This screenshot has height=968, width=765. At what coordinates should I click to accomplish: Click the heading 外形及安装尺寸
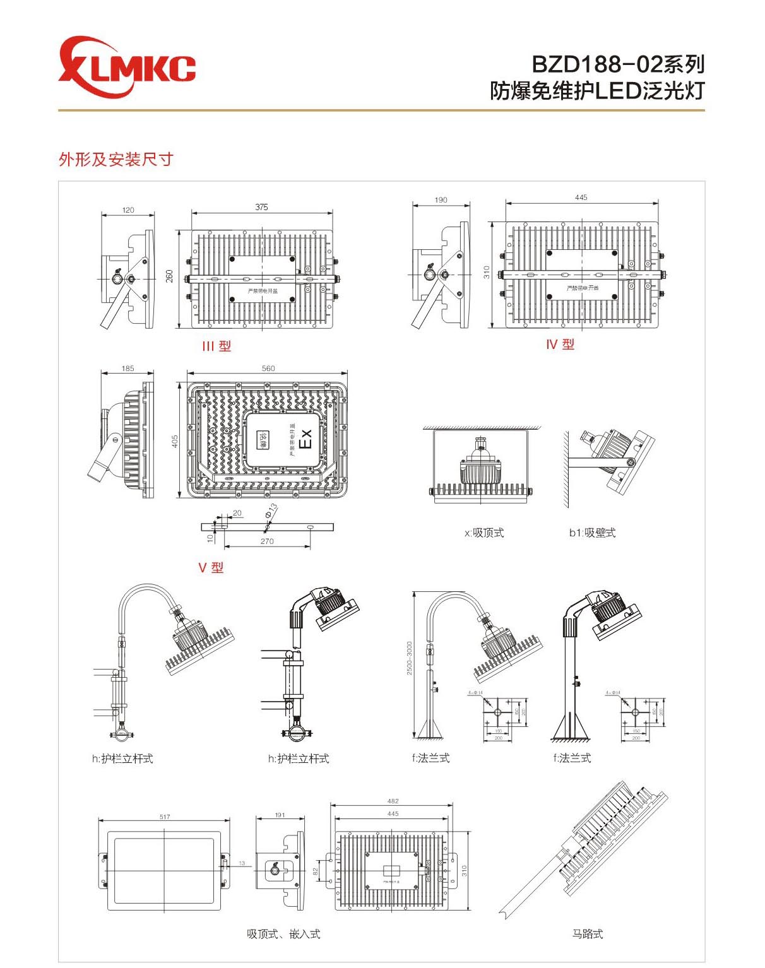pos(116,160)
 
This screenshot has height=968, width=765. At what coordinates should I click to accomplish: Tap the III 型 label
pos(216,346)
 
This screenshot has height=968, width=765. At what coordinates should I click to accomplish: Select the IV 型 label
pos(560,345)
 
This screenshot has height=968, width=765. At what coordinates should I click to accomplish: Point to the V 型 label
pos(211,568)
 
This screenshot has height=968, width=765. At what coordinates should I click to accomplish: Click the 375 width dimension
pos(261,207)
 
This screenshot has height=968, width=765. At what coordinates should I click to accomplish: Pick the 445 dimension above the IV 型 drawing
pos(581,198)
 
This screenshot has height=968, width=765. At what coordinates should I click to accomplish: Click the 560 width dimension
pos(268,369)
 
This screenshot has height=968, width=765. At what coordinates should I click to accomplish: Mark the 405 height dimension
pos(175,440)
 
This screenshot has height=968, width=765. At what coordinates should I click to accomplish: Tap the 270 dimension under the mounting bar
pos(267,541)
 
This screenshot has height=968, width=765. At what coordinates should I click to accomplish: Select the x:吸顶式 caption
pos(484,533)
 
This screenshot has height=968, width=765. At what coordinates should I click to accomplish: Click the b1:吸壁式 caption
pos(592,533)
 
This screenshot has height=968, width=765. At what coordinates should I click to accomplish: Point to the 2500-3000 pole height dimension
pos(410,658)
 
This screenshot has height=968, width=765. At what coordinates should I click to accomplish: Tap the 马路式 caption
pos(587,934)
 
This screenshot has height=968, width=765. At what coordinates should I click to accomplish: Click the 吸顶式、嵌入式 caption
pos(283,934)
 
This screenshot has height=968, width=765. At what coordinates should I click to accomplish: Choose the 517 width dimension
pos(165,817)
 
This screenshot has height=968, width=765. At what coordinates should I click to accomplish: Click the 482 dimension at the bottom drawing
pos(393,801)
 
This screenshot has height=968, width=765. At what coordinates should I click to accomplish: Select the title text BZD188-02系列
pos(617,64)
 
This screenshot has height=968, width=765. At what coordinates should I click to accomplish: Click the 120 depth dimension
pos(128,210)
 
